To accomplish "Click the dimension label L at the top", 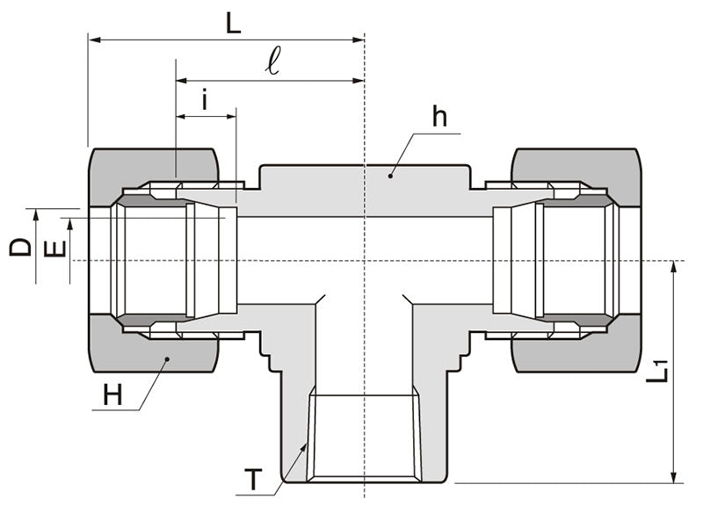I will coord(232,23).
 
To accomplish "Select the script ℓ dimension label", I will coord(274,62).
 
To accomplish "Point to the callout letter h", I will coord(439,117).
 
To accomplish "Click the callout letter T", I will coord(253,480).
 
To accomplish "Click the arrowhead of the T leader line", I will coord(305,448).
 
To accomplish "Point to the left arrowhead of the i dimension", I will coord(181,115).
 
